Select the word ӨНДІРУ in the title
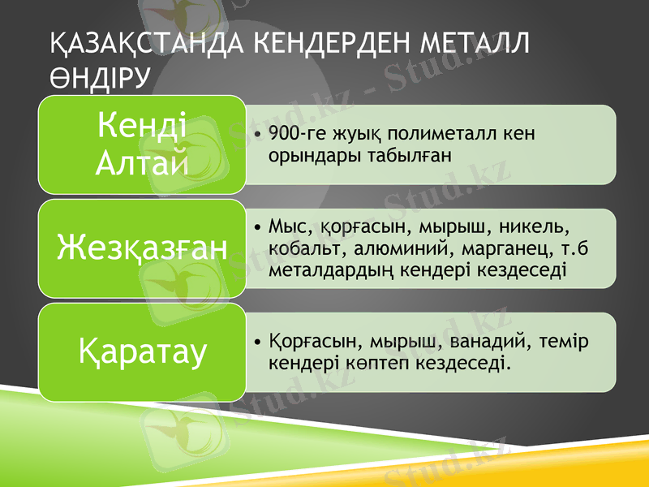coord(99,79)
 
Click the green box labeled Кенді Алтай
coord(141,144)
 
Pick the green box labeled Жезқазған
coord(141,248)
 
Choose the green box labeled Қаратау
coord(141,352)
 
